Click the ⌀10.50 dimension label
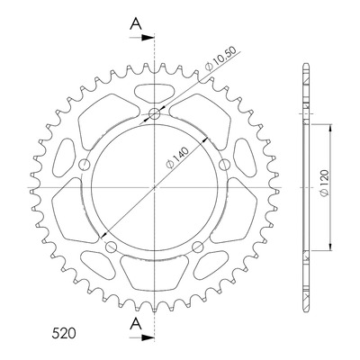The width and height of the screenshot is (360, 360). pyautogui.click(x=220, y=58)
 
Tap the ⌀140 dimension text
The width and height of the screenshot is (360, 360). pyautogui.click(x=178, y=157)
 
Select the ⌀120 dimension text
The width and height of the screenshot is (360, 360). pyautogui.click(x=325, y=184)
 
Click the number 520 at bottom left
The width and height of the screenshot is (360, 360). pyautogui.click(x=64, y=334)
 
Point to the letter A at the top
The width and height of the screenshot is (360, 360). pyautogui.click(x=136, y=23)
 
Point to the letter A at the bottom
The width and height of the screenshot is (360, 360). pyautogui.click(x=136, y=324)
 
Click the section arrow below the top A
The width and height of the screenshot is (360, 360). pyautogui.click(x=142, y=38)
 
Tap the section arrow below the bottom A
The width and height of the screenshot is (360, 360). pyautogui.click(x=142, y=337)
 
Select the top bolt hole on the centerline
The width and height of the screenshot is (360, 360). pyautogui.click(x=154, y=113)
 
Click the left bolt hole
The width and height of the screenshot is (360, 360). pyautogui.click(x=84, y=165)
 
